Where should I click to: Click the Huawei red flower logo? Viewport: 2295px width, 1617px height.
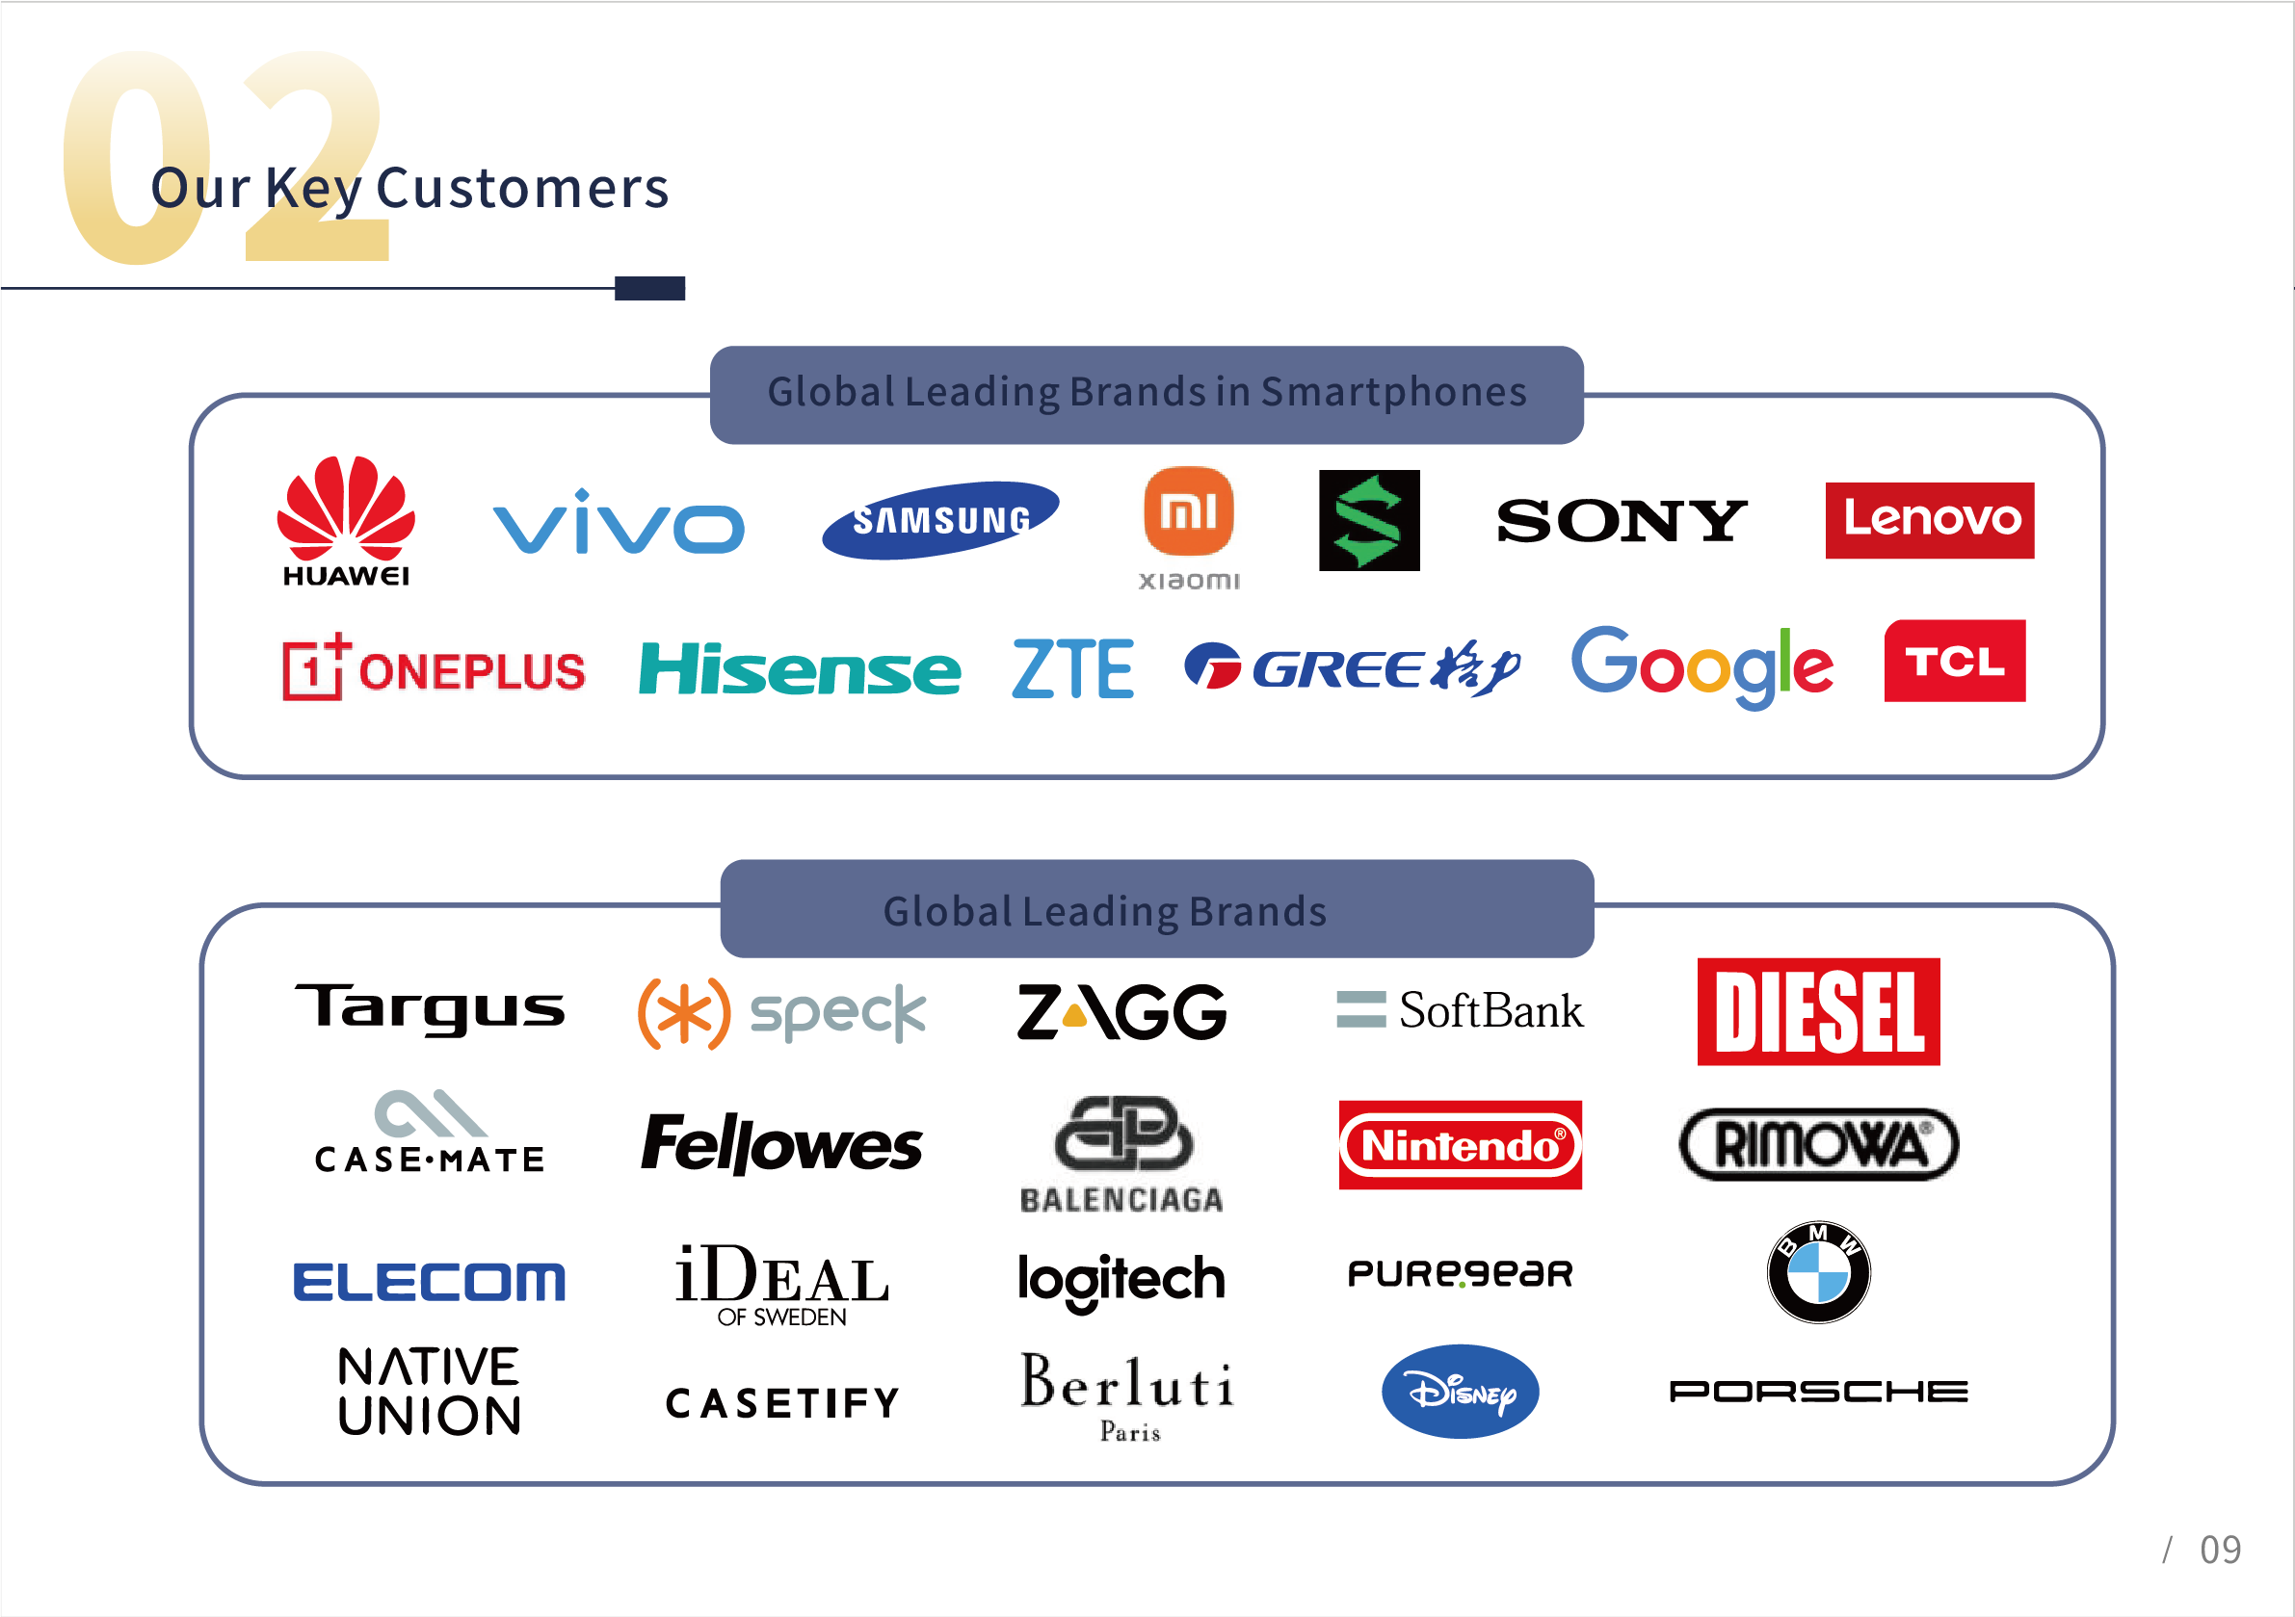(x=346, y=509)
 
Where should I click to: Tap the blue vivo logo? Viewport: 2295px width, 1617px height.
(x=619, y=522)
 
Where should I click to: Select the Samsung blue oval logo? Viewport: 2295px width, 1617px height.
(x=939, y=520)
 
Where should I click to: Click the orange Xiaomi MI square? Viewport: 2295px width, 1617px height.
(x=1189, y=510)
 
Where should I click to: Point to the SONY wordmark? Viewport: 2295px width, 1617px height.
(x=1622, y=521)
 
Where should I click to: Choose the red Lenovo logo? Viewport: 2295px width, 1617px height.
(x=1929, y=520)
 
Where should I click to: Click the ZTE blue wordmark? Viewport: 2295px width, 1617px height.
(x=1072, y=668)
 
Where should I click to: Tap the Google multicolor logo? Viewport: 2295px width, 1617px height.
(x=1702, y=665)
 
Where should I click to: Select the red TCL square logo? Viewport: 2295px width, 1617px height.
(x=1954, y=661)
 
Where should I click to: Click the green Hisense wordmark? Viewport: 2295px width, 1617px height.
(x=800, y=668)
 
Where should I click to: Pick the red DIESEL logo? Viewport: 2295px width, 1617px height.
(x=1818, y=1011)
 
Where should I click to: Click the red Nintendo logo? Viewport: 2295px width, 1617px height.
(x=1461, y=1144)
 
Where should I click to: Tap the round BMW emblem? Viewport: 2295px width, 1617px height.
(x=1818, y=1272)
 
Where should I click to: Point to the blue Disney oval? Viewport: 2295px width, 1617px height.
(x=1461, y=1391)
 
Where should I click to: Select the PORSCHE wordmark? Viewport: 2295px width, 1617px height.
(x=1818, y=1391)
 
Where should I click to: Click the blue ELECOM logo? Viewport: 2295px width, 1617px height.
(x=429, y=1282)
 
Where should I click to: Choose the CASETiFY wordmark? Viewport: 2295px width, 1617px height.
(x=782, y=1403)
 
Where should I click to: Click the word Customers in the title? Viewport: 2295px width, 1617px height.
(x=522, y=188)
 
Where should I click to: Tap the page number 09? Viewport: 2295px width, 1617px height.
(x=2220, y=1550)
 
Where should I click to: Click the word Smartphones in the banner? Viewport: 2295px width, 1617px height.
(x=1393, y=392)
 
